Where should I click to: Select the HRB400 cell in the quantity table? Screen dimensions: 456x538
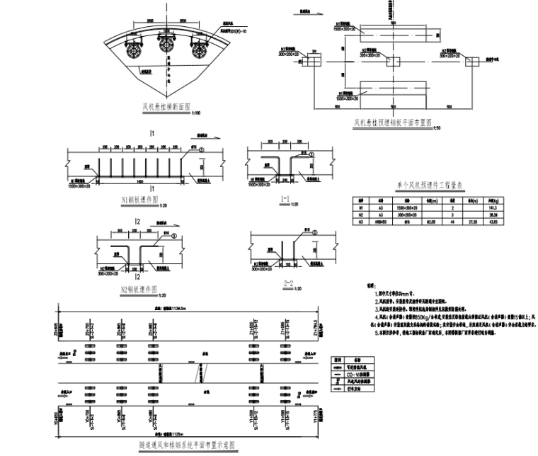tap(382, 223)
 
